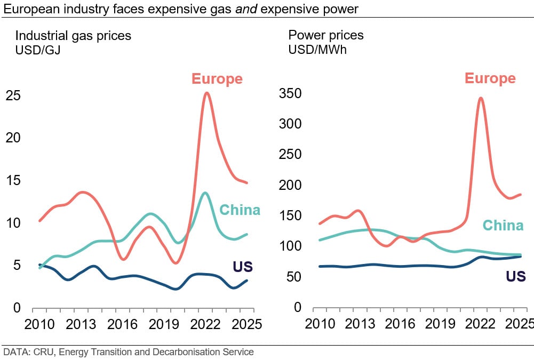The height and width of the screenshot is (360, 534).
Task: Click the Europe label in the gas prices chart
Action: (217, 79)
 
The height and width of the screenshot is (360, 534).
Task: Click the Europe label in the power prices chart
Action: (490, 78)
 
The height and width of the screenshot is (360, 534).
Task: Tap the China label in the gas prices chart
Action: (240, 210)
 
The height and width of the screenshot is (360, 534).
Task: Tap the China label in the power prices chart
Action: (503, 226)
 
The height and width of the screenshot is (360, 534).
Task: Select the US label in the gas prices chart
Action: (242, 267)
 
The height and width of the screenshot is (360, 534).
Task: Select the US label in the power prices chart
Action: (515, 276)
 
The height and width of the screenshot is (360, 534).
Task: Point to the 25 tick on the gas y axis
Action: (13, 95)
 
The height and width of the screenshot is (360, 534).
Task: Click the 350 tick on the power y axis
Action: (290, 94)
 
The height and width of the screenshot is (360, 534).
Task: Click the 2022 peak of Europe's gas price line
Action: (206, 93)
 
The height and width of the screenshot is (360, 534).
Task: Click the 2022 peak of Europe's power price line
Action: (481, 98)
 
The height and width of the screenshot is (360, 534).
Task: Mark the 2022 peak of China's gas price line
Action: (205, 193)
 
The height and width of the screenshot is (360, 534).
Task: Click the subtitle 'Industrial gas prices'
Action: (73, 36)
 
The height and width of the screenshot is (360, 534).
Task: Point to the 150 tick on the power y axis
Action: (290, 216)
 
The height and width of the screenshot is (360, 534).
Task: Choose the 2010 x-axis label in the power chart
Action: (319, 325)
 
